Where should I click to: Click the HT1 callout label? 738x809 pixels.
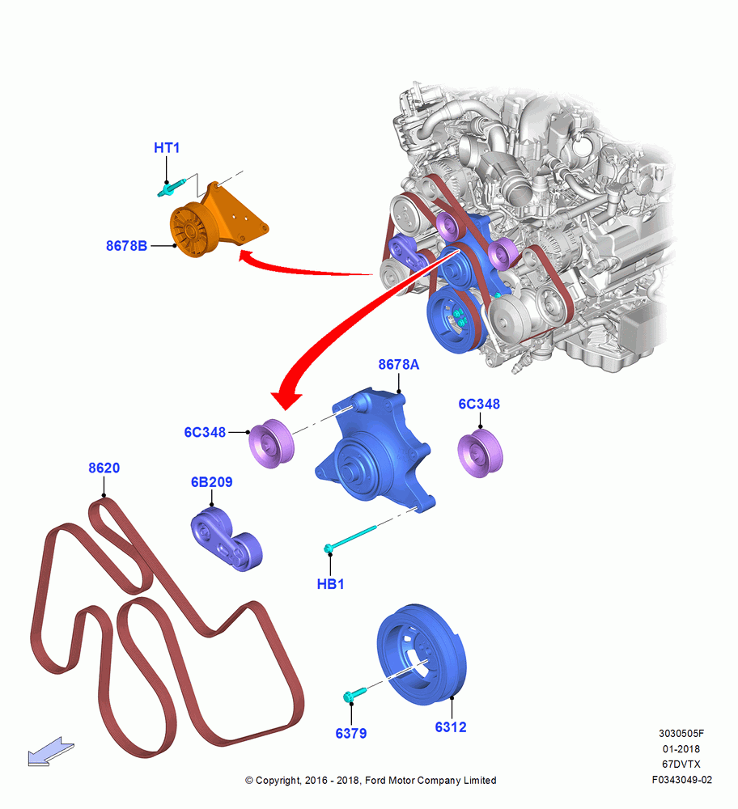pos(167,147)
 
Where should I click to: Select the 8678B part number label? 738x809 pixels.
pos(126,246)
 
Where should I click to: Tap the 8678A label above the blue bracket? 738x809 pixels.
pos(398,364)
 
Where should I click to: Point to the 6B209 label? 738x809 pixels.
pos(211,482)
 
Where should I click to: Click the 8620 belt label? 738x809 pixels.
pos(104,468)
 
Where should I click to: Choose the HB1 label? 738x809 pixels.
pos(330,584)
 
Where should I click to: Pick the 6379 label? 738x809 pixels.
pos(351,733)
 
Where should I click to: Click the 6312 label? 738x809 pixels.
pos(451,727)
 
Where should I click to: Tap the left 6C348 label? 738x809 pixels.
pos(205,432)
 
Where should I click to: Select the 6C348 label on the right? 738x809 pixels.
pos(479,404)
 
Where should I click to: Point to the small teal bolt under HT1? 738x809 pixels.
pos(172,188)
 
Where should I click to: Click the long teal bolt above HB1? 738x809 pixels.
pos(351,538)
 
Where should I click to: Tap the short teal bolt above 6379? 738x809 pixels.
pos(354,694)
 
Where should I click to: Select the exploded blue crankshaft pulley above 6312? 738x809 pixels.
pos(422,654)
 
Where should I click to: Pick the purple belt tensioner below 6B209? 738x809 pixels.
pos(226,540)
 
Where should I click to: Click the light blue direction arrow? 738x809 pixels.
pos(51,752)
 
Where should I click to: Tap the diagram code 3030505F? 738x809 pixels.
pos(681,733)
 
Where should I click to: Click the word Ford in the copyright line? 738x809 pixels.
pos(375,780)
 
